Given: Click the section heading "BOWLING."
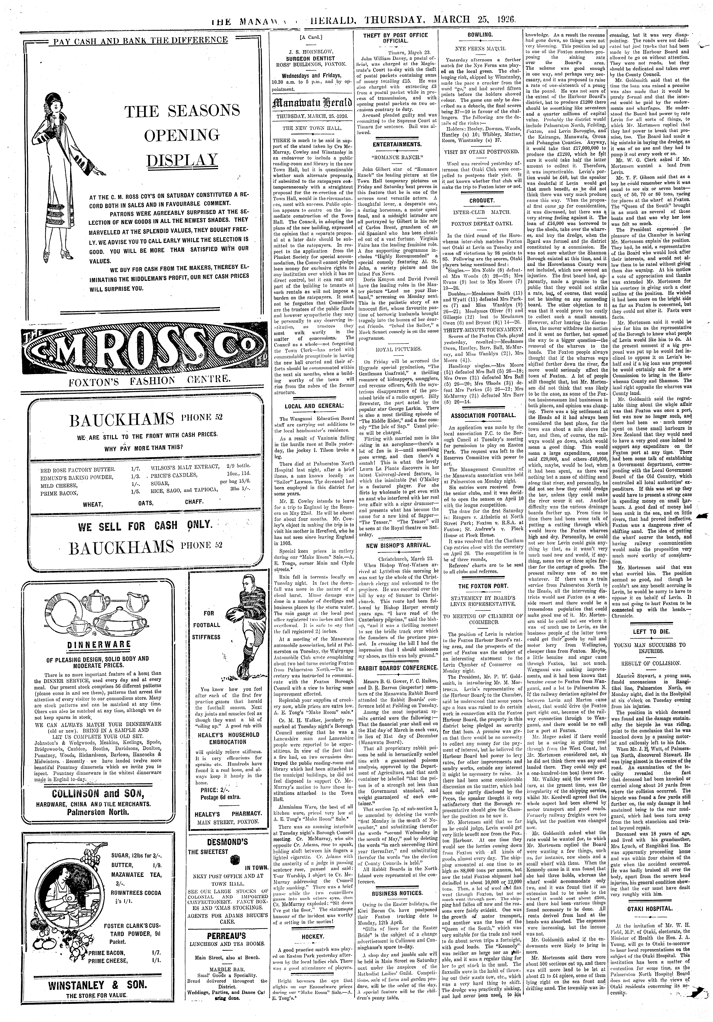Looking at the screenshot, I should [480, 34].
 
